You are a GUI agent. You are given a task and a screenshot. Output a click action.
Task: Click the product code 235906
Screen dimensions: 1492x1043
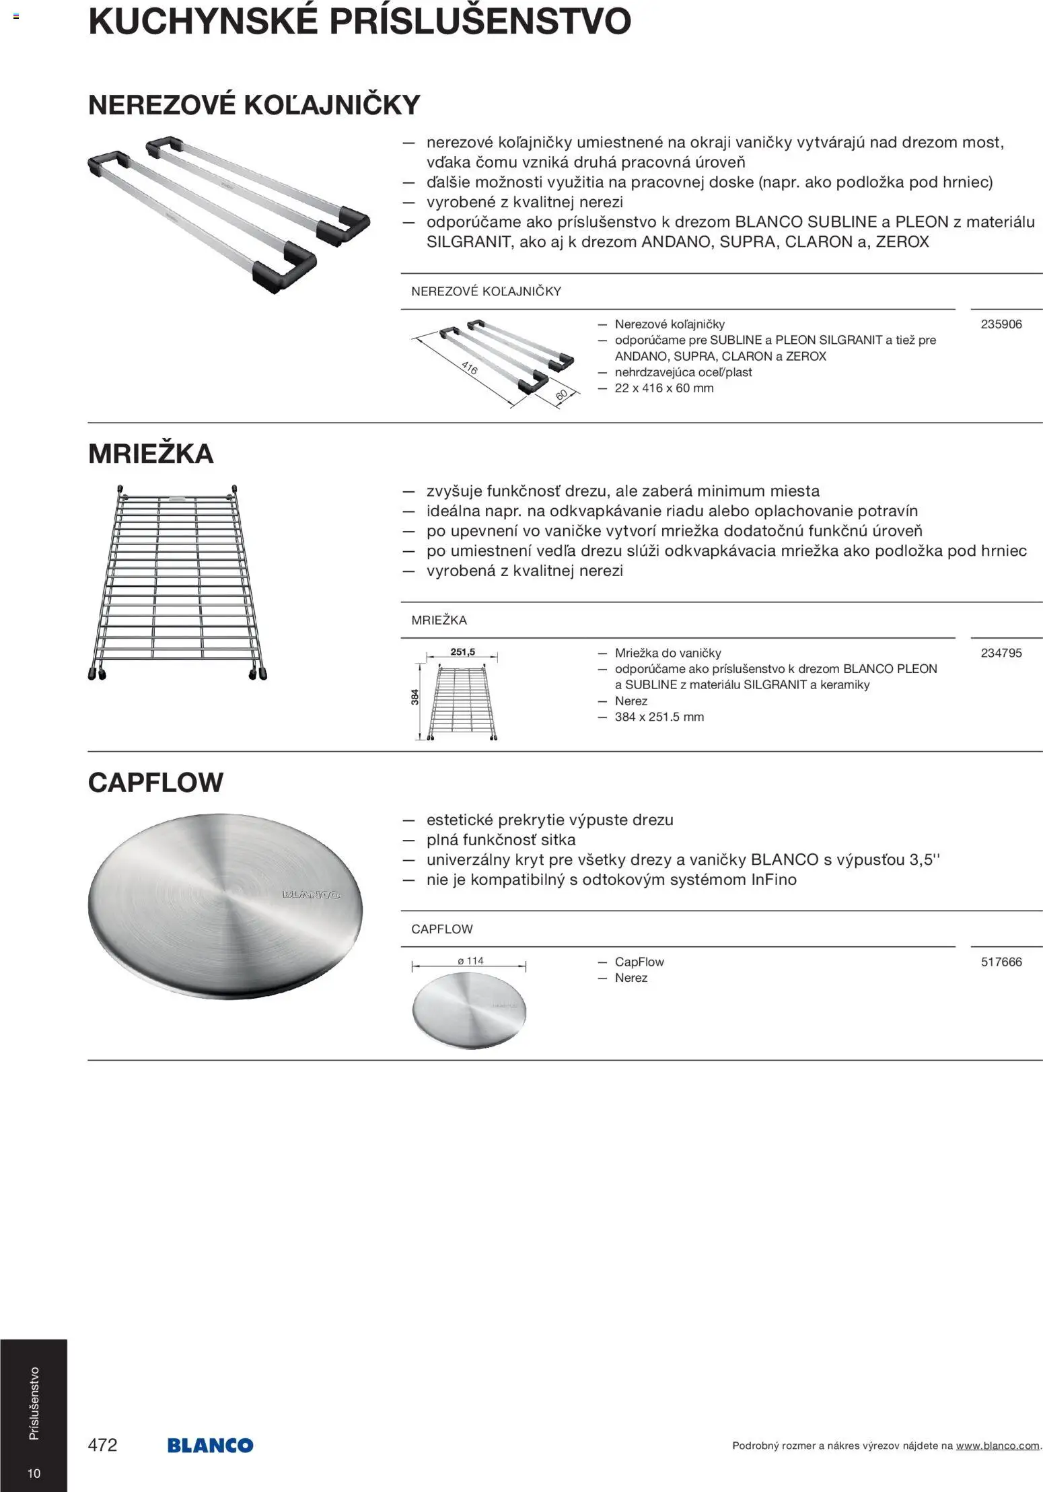pos(1001,324)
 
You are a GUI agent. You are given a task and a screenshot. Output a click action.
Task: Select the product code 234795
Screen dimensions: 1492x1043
pos(1001,653)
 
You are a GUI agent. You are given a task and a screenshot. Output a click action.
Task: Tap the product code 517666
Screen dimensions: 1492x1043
pos(1001,962)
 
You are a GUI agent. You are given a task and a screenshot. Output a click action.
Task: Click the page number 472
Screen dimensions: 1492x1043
pos(102,1445)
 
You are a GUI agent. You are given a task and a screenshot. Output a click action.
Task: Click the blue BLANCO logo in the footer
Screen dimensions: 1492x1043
pos(210,1446)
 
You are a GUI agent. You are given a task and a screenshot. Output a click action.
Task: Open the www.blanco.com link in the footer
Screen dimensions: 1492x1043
pos(997,1446)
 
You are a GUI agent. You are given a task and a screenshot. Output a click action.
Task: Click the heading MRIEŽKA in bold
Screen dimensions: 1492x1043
pos(151,454)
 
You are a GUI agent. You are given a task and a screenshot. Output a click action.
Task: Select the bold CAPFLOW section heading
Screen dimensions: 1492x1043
pos(155,783)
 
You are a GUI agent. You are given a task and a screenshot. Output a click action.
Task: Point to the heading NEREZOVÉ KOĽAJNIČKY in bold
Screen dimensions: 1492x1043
pos(254,105)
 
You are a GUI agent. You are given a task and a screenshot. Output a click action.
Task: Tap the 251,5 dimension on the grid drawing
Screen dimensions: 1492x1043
pos(463,652)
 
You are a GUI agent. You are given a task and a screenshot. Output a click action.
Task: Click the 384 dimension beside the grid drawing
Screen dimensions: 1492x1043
pos(415,697)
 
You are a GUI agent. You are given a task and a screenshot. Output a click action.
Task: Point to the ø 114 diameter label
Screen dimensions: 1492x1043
pos(470,961)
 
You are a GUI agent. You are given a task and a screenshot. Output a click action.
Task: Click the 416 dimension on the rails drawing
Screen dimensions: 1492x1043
pos(469,368)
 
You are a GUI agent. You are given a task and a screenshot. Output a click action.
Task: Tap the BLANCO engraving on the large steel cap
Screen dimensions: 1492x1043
pos(311,894)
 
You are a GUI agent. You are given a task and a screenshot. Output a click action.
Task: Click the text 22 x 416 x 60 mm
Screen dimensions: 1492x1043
pos(663,388)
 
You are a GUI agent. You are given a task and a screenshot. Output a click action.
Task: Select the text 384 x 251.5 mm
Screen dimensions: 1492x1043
pos(659,717)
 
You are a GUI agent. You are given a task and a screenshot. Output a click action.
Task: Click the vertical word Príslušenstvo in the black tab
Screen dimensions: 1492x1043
pos(34,1403)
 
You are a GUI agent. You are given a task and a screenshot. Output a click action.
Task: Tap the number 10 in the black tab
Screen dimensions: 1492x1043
pos(34,1473)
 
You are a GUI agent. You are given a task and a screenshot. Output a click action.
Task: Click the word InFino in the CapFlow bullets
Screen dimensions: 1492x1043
pos(773,880)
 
